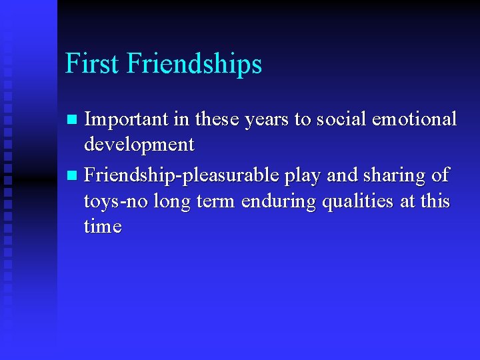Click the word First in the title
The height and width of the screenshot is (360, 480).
point(92,64)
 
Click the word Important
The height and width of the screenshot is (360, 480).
point(127,119)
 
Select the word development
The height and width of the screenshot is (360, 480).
point(139,145)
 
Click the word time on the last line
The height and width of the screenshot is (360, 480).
point(103,227)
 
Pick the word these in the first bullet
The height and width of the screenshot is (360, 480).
point(211,119)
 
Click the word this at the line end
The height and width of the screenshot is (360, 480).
point(435,201)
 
